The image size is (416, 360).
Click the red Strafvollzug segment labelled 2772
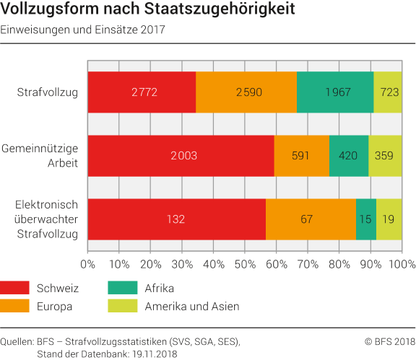click(142, 92)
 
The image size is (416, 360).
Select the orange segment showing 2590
click(246, 92)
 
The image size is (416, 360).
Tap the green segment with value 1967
click(335, 92)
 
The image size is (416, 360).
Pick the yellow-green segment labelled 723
click(388, 92)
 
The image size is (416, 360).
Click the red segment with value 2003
click(181, 155)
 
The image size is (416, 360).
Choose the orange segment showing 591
click(302, 155)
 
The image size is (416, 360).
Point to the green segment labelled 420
click(349, 155)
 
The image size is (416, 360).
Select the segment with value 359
click(386, 155)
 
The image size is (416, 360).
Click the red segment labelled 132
click(176, 219)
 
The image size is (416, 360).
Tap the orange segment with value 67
click(311, 219)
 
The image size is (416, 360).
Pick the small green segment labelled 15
click(366, 219)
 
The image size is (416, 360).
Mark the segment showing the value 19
click(389, 219)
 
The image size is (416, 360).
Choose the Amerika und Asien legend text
click(192, 306)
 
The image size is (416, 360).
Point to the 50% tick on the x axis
click(245, 264)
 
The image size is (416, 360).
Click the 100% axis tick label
click(402, 264)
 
